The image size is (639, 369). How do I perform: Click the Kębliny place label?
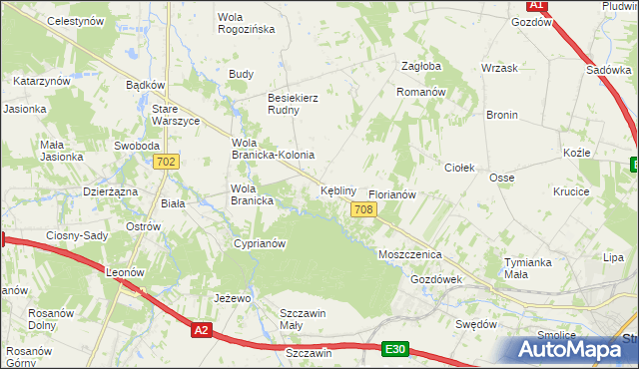tap(338, 189)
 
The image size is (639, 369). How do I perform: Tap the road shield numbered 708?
tap(363, 208)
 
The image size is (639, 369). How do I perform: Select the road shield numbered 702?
tap(167, 162)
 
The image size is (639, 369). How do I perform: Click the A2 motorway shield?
tap(202, 330)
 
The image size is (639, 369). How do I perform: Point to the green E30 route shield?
tap(395, 348)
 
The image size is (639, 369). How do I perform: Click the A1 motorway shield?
tap(536, 5)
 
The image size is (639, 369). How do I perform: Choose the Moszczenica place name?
tap(409, 255)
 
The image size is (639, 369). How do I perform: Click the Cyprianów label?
tap(260, 243)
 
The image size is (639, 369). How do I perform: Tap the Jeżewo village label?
tap(231, 298)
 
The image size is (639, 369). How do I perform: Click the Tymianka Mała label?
tap(528, 268)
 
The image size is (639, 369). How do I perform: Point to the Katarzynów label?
tap(41, 80)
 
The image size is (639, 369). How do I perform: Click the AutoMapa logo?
tap(573, 349)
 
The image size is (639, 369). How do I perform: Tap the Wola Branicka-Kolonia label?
tap(273, 149)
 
